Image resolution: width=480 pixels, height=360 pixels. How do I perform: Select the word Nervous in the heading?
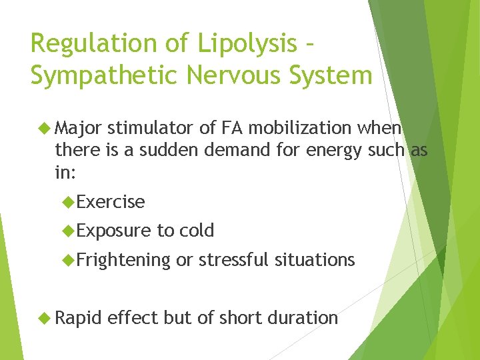point(223,75)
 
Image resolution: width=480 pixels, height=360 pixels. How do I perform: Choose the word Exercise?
point(111,201)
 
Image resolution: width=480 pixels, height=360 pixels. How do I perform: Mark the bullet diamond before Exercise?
point(67,201)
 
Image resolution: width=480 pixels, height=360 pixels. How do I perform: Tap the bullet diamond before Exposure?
point(67,231)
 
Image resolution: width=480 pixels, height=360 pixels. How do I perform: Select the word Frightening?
point(123,260)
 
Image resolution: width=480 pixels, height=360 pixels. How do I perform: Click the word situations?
point(316,259)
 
